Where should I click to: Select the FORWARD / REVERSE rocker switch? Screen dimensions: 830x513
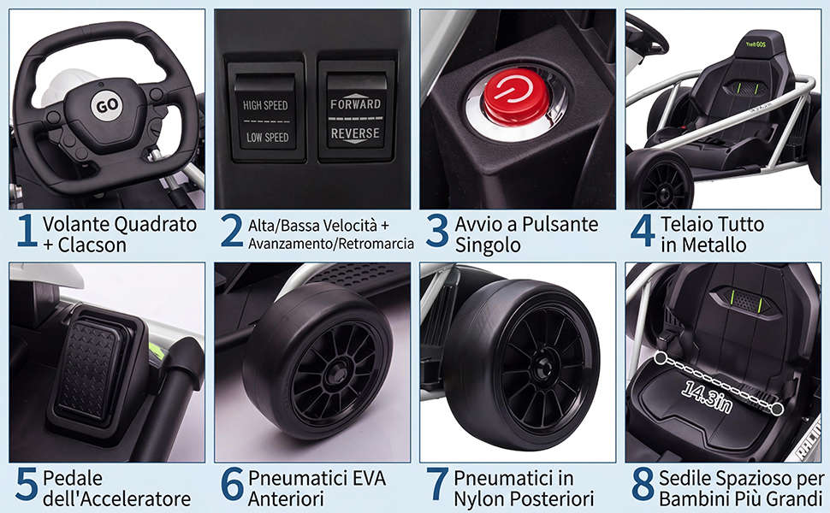coord(356,118)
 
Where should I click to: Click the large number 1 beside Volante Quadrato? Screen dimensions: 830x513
coord(27,231)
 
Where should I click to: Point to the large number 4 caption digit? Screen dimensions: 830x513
coord(643,231)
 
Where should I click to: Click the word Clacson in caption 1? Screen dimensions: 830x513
coord(92,245)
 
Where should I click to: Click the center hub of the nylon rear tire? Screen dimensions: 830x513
coord(540,366)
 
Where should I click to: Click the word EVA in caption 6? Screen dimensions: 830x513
coord(365,478)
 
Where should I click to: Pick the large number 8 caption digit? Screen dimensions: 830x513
coord(643,485)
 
